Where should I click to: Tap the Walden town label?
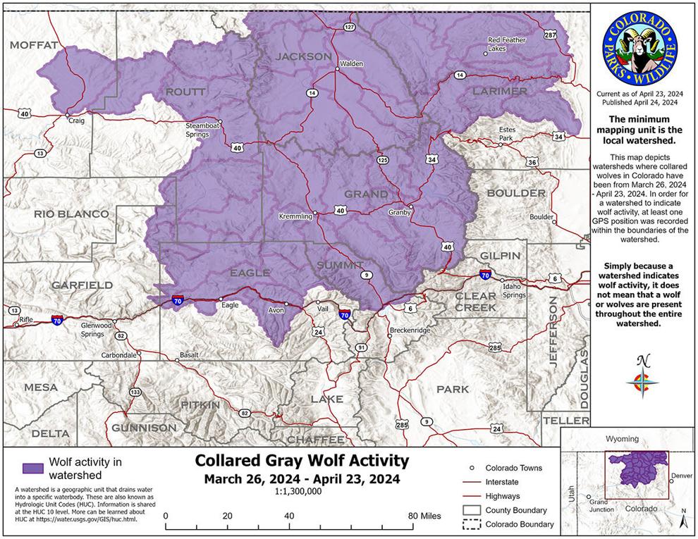pyautogui.click(x=351, y=63)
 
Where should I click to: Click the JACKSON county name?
pyautogui.click(x=303, y=56)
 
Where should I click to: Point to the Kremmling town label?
pyautogui.click(x=295, y=216)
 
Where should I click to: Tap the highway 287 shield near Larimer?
pyautogui.click(x=550, y=35)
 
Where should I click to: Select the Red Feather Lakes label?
pyautogui.click(x=507, y=44)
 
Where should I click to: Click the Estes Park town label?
pyautogui.click(x=506, y=134)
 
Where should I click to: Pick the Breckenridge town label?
pyautogui.click(x=410, y=330)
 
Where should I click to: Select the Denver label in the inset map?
pyautogui.click(x=681, y=476)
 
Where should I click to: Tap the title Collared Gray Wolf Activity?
pyautogui.click(x=301, y=461)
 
